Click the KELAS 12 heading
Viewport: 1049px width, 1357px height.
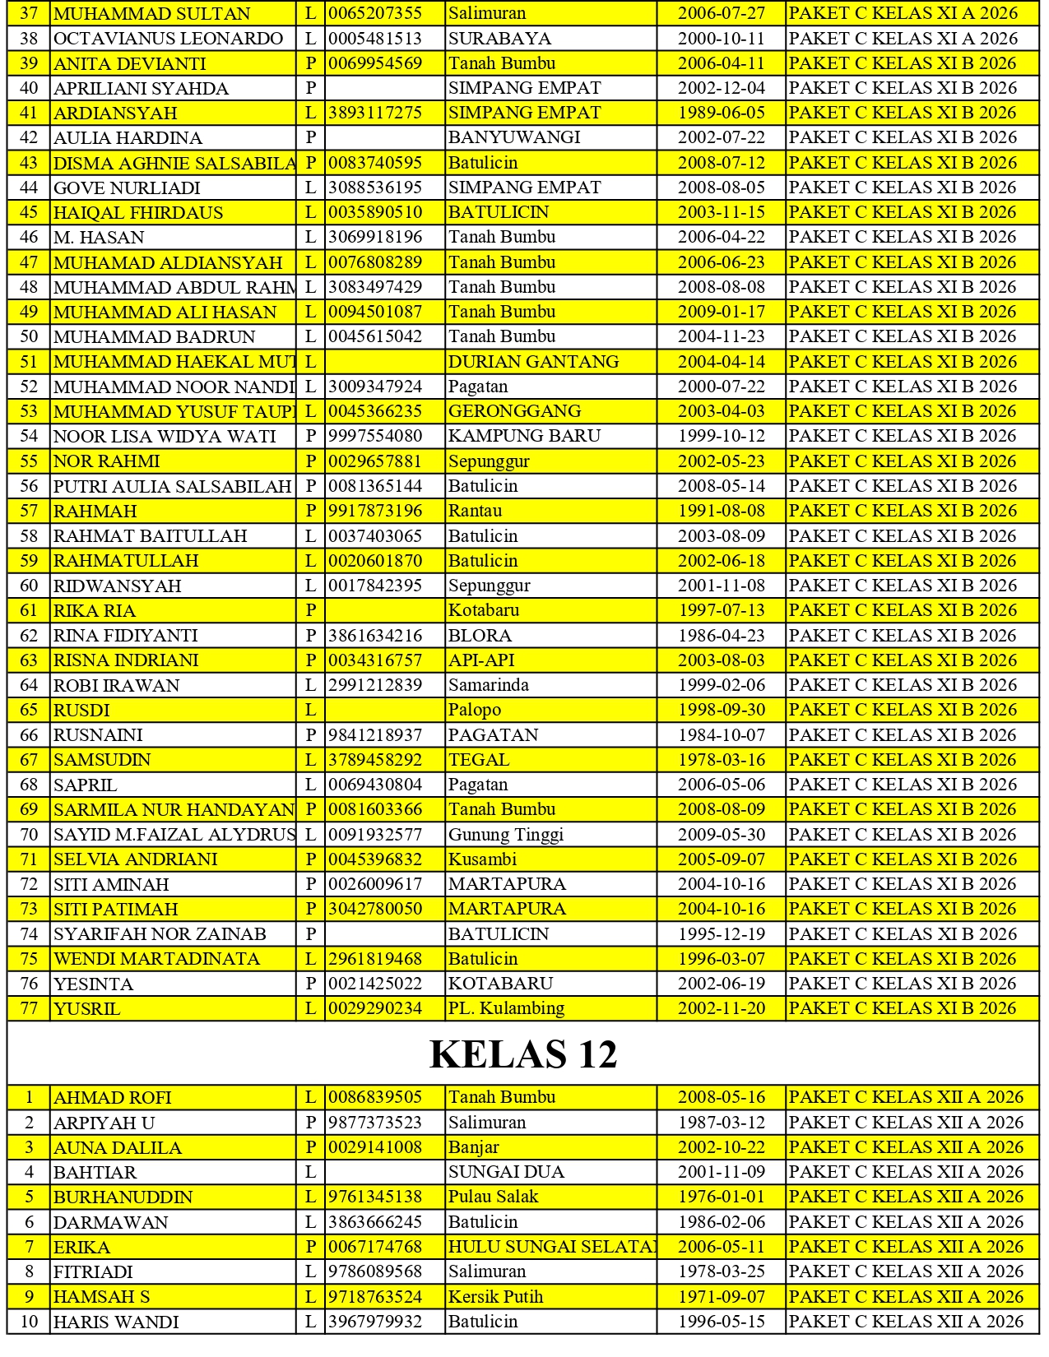523,1054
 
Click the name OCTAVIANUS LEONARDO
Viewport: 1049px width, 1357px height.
168,39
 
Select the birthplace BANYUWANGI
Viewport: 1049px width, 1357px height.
514,137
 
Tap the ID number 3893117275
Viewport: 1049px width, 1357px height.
375,113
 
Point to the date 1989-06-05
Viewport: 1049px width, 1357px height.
721,113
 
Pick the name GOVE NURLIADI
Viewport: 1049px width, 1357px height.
127,188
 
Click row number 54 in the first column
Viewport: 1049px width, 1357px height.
29,437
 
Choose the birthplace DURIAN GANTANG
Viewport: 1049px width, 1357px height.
533,362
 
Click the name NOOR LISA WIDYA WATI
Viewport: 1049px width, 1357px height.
165,437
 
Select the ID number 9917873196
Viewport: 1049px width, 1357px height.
375,511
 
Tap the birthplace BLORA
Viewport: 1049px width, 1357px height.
480,636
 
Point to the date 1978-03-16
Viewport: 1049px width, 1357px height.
721,760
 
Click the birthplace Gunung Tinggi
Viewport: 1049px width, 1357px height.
506,835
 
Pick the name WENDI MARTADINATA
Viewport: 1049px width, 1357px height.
156,959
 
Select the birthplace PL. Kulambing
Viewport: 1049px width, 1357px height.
506,1008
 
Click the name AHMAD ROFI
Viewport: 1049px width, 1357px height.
113,1098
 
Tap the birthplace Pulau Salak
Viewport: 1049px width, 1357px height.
493,1197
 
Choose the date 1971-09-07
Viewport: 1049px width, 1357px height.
721,1297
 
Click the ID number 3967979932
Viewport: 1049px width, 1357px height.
375,1322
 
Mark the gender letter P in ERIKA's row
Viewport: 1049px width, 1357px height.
311,1247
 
